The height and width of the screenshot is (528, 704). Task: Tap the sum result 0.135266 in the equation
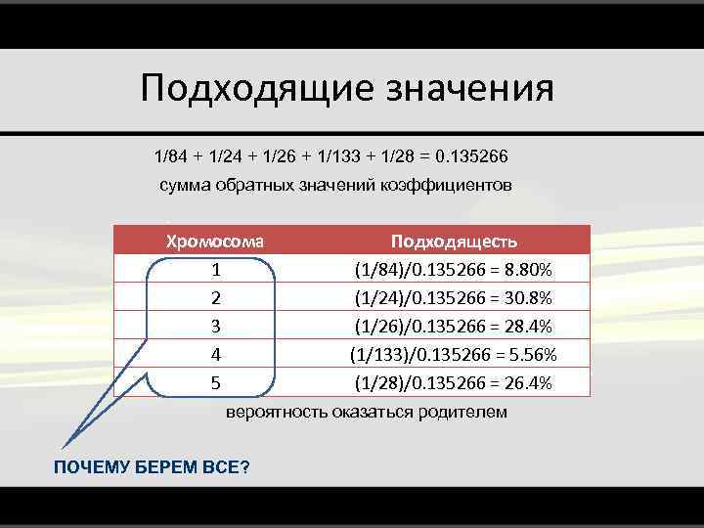point(471,157)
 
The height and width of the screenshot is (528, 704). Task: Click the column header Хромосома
point(215,241)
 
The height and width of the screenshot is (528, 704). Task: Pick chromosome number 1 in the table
point(215,269)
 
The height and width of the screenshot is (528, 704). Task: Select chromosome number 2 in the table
point(215,297)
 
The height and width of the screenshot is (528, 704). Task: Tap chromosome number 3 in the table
point(215,326)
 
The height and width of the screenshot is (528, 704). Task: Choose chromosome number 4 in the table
point(215,354)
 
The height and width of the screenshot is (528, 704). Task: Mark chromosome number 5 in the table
point(215,382)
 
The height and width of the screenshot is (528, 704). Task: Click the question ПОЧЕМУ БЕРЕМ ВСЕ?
point(151,467)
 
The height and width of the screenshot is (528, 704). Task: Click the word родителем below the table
point(459,412)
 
